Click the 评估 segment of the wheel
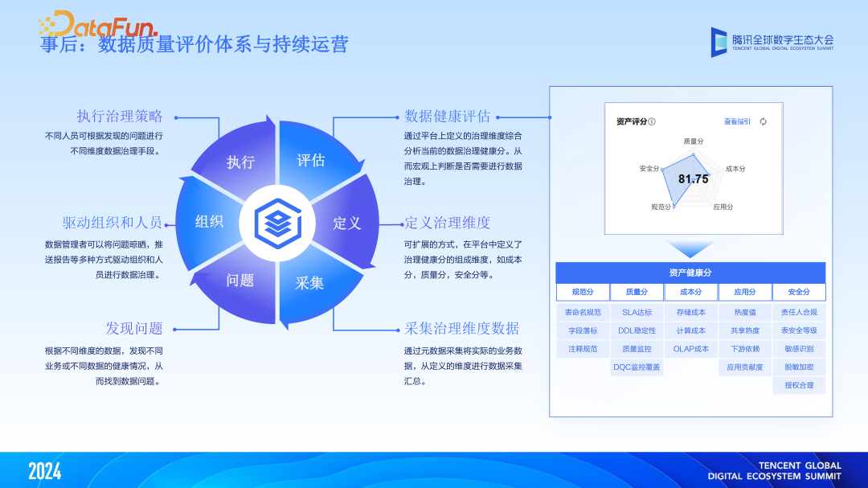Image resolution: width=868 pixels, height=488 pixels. click(x=311, y=160)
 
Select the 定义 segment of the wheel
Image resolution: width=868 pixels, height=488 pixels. click(x=347, y=223)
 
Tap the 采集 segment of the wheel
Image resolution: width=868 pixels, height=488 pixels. click(x=309, y=283)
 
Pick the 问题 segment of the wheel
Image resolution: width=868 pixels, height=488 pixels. click(x=240, y=280)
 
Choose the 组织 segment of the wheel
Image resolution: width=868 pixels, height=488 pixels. click(x=209, y=221)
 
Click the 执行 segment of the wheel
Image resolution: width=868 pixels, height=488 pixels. click(x=240, y=162)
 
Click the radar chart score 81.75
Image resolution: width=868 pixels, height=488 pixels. click(x=693, y=179)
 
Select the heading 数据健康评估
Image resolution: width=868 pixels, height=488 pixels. click(x=447, y=116)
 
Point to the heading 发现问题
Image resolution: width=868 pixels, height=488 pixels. click(x=133, y=328)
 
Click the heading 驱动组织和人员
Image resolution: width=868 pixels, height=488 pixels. click(x=112, y=223)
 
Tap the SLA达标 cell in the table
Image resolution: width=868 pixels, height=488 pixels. click(x=637, y=312)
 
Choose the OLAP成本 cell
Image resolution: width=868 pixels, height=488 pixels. click(x=690, y=349)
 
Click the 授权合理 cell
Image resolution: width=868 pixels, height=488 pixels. click(x=798, y=385)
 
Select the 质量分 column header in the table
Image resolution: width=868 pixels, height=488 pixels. click(x=637, y=292)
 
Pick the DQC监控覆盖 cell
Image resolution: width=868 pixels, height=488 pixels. click(x=637, y=367)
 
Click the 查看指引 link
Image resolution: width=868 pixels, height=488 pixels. click(x=736, y=121)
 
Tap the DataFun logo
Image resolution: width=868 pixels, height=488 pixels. click(x=96, y=24)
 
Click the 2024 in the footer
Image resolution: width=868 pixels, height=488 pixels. click(x=44, y=471)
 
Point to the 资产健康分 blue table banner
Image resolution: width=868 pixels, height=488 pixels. click(x=690, y=272)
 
